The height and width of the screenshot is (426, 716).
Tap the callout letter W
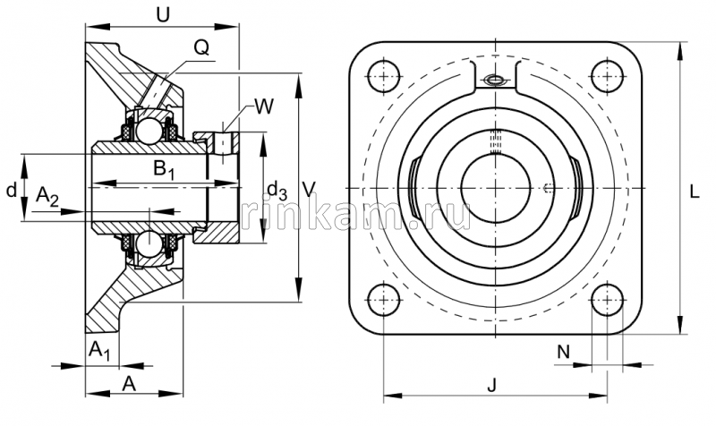263,108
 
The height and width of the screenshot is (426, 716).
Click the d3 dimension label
277,190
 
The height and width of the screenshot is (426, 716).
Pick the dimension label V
309,189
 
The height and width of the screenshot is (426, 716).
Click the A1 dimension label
99,351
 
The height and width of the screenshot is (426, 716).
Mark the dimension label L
696,190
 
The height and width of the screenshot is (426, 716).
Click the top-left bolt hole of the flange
385,74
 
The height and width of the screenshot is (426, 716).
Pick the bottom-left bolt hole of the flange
385,298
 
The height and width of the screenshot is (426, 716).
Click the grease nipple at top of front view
495,81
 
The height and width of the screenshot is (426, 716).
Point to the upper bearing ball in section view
148,132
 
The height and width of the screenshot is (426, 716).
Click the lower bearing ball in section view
148,243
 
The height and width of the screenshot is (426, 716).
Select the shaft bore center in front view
495,187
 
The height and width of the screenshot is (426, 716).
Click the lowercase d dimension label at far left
11,190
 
